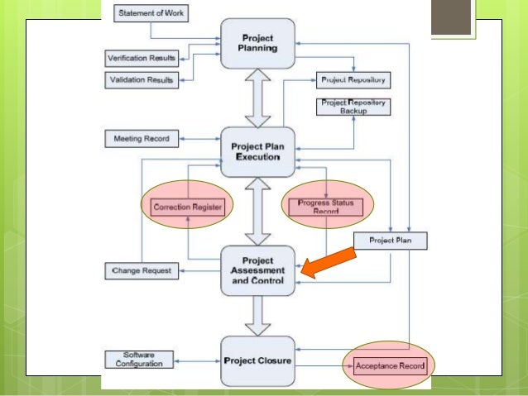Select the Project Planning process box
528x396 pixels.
point(257,42)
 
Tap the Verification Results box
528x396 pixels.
point(142,59)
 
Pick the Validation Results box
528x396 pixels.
point(142,79)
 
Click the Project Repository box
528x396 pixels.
point(352,80)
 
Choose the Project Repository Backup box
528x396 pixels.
point(352,106)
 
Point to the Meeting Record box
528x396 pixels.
point(141,138)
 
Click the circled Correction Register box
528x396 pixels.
point(186,207)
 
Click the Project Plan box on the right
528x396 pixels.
point(390,241)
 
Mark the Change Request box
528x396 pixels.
point(141,270)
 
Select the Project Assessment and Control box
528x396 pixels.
point(257,270)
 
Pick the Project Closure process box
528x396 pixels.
point(257,360)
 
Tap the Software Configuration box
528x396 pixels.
point(141,360)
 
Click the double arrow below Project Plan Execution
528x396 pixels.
point(257,210)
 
